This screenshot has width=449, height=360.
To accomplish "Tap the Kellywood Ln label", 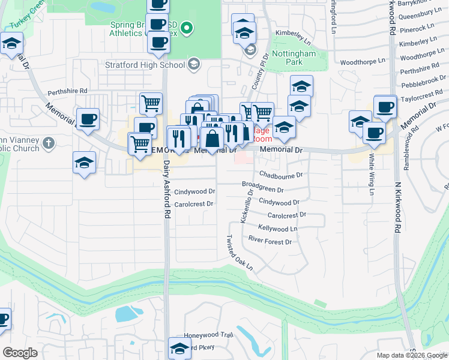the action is [x=277, y=229].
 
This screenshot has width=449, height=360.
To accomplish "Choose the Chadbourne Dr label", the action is [x=281, y=175].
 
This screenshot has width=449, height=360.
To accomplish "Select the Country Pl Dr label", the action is [x=259, y=73].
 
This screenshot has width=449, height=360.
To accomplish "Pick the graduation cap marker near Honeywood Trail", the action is [x=179, y=348].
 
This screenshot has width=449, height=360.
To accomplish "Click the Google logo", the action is [x=20, y=353].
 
